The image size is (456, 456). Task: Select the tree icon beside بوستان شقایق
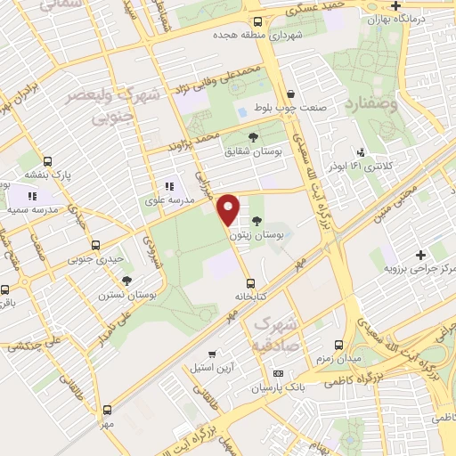254,136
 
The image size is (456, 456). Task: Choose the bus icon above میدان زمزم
338,344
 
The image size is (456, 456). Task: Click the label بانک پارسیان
279,388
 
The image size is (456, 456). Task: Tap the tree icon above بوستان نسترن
126,281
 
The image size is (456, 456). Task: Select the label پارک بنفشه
73,175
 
